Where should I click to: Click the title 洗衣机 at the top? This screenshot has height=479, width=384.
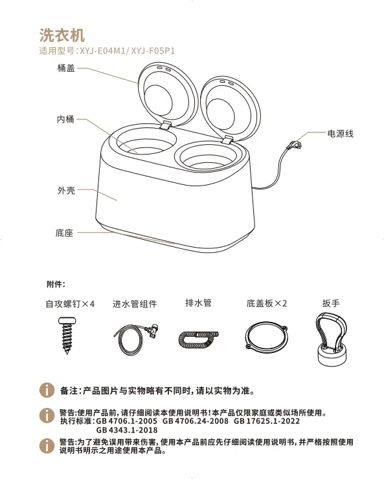coord(62,35)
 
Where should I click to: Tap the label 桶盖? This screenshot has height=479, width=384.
coord(66,68)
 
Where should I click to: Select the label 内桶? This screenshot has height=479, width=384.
coord(65,119)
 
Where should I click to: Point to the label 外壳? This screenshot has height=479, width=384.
coord(66,190)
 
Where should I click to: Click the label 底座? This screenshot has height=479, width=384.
coord(64,233)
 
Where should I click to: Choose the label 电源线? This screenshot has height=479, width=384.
coord(340,134)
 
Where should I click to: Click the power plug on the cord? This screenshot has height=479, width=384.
coord(295,145)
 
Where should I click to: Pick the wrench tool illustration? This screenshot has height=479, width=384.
coord(331,339)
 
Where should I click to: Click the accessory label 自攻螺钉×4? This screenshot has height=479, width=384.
coord(70,304)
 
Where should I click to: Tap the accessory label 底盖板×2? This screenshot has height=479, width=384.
coord(267,303)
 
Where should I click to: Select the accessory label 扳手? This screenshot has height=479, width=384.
coord(331,303)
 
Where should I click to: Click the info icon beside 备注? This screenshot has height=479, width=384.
coord(47,390)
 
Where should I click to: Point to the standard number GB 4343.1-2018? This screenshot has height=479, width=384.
coord(127,430)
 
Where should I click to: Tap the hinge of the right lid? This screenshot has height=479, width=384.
coord(227,140)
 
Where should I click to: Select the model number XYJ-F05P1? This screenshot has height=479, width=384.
coord(153,50)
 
